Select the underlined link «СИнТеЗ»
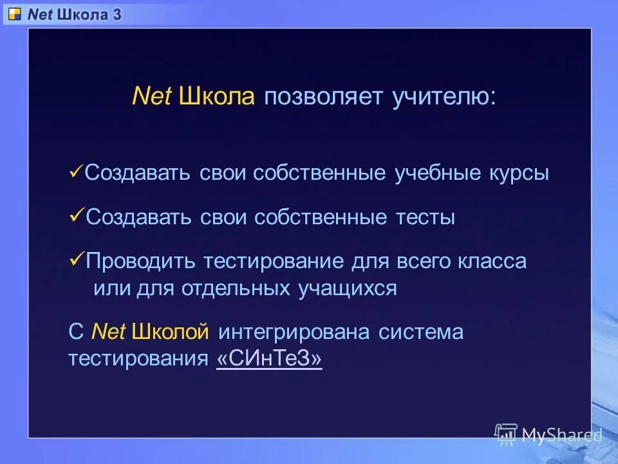point(269,359)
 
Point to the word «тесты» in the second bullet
point(426,218)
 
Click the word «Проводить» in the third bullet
point(141,262)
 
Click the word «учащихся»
point(348,288)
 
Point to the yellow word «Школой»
point(171,333)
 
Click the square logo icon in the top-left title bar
point(14,14)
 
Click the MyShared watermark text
point(561,435)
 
